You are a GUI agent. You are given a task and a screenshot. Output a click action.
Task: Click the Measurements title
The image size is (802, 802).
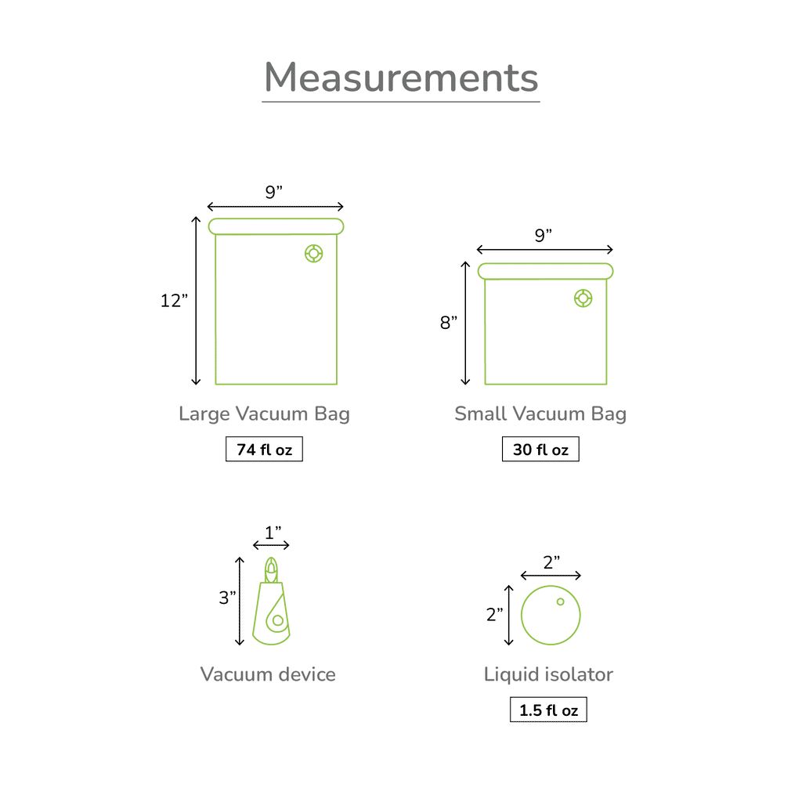tap(401, 78)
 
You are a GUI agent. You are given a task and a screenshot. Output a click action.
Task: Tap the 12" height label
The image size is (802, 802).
tap(174, 301)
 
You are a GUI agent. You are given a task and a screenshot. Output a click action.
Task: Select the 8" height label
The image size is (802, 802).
tap(449, 322)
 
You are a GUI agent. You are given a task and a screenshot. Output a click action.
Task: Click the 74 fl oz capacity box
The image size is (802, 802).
tap(265, 449)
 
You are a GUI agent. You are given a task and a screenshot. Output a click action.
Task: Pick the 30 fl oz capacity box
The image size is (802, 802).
tap(540, 449)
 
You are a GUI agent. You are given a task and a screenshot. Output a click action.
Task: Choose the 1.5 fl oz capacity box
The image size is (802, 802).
tap(548, 710)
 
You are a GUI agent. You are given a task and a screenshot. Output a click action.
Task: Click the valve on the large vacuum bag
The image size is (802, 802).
tap(313, 253)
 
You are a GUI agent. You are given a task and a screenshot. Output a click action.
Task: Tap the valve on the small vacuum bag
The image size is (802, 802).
tap(583, 298)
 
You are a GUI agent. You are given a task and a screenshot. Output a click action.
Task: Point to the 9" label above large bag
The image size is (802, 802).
tap(273, 193)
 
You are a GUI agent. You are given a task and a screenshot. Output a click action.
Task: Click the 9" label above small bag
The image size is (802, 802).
tap(544, 235)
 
